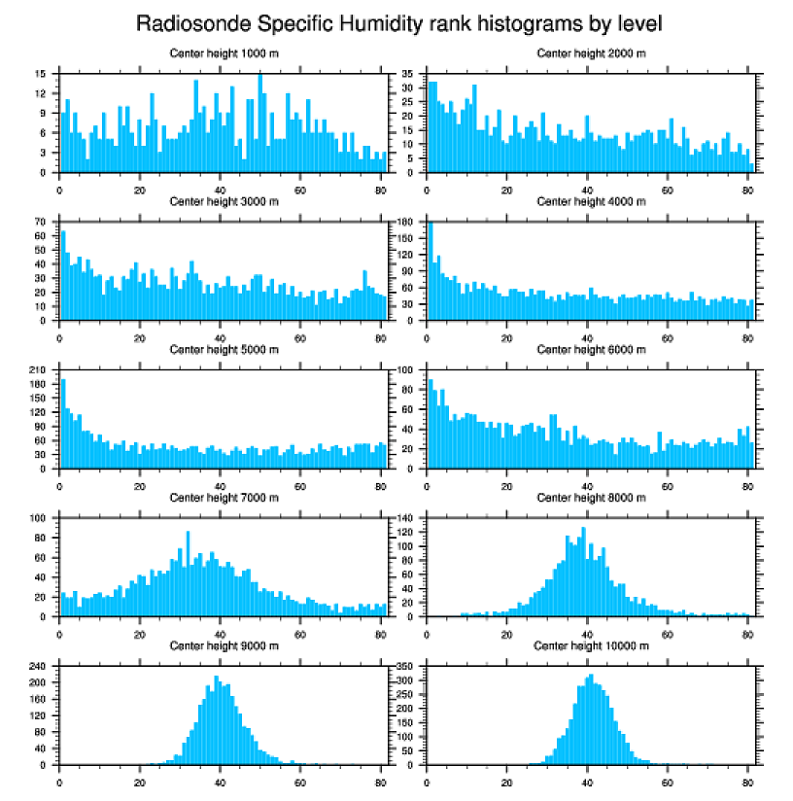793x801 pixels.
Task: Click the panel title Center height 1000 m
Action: point(224,52)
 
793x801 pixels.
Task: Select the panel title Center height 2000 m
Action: point(591,52)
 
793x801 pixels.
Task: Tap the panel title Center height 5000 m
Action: point(224,349)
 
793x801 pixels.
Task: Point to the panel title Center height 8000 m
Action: point(591,498)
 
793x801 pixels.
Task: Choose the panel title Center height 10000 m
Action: point(591,645)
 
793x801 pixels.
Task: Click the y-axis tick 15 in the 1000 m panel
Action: point(42,74)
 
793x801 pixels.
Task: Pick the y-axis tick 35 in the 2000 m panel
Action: point(409,74)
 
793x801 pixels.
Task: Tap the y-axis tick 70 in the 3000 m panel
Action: point(42,222)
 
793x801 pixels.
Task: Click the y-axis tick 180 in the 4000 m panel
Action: point(407,222)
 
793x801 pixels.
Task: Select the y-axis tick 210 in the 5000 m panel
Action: point(40,370)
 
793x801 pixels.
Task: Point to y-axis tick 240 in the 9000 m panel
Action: point(40,667)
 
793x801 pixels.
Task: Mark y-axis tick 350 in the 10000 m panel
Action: point(407,667)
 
